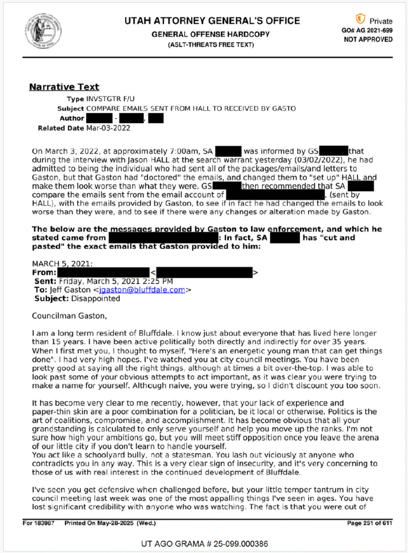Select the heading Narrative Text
tap(64, 87)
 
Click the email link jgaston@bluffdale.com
tap(148, 289)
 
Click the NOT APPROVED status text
tap(368, 39)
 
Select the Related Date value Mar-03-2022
tap(108, 128)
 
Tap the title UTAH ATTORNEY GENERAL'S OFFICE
tap(212, 21)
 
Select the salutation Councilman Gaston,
tap(66, 315)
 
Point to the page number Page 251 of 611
tap(362, 523)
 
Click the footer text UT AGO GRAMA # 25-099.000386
tap(205, 543)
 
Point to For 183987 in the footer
tap(39, 523)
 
